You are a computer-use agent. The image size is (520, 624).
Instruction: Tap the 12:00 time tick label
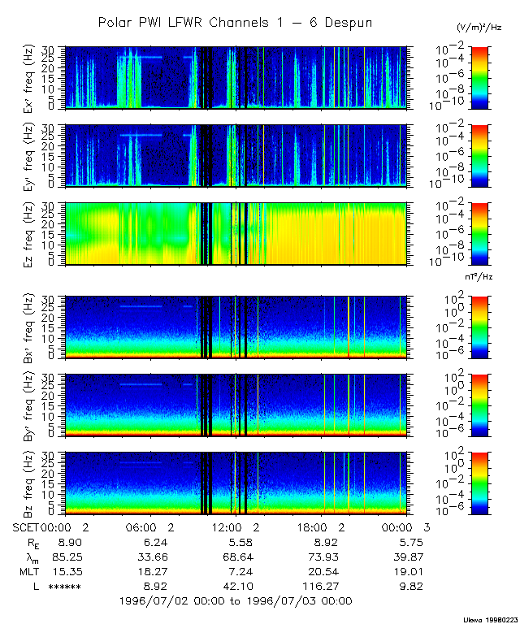pyautogui.click(x=235, y=528)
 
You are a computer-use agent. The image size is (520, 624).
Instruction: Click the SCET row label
pyautogui.click(x=26, y=528)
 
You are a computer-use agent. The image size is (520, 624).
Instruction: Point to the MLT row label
pyautogui.click(x=28, y=571)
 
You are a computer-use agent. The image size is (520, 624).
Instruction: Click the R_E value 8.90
pyautogui.click(x=65, y=543)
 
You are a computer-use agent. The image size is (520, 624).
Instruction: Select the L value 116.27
pyautogui.click(x=323, y=587)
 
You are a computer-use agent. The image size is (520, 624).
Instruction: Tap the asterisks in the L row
pyautogui.click(x=64, y=587)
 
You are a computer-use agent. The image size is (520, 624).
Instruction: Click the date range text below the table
pyautogui.click(x=235, y=601)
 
